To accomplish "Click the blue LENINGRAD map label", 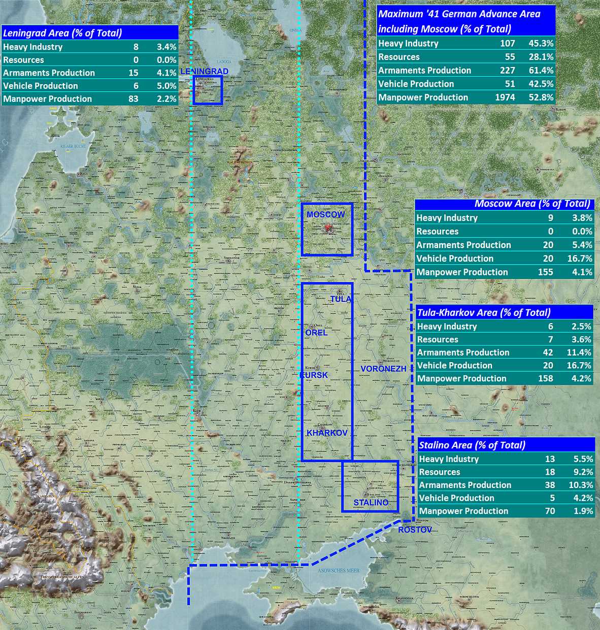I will [x=204, y=72].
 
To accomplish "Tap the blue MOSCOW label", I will [x=325, y=215].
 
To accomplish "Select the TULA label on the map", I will [x=341, y=299].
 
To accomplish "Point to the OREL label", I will [x=316, y=332].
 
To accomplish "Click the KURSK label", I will [x=314, y=375].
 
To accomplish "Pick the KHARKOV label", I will [x=327, y=433].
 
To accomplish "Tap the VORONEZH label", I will [x=383, y=369].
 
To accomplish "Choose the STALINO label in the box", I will [x=371, y=502].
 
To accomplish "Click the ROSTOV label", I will [x=415, y=530].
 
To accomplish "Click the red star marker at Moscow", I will [x=327, y=228].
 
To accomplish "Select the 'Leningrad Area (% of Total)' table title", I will [x=62, y=33].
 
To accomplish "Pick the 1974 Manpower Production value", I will [x=505, y=97].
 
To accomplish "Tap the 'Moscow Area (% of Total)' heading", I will [x=532, y=204].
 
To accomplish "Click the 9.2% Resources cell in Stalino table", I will [x=583, y=472].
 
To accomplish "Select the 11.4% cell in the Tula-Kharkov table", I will [x=581, y=353].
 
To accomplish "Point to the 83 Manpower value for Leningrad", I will [x=134, y=99].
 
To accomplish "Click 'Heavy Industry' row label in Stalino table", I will [x=449, y=459].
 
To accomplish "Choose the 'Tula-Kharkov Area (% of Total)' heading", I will [x=483, y=312].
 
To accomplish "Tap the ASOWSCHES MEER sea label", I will [x=338, y=571].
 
